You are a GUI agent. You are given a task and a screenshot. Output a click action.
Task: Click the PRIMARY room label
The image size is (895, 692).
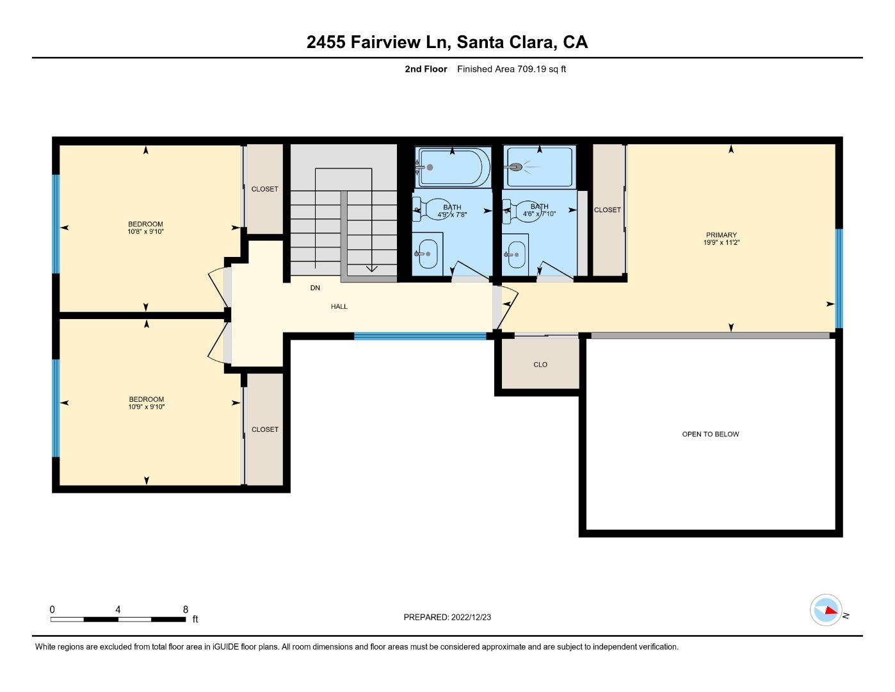722,235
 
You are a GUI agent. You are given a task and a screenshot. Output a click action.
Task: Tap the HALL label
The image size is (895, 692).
339,306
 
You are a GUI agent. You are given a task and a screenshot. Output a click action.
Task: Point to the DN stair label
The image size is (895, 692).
315,288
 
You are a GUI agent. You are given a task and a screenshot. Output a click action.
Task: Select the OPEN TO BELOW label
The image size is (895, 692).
711,434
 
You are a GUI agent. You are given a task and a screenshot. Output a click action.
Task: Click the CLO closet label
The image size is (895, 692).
540,365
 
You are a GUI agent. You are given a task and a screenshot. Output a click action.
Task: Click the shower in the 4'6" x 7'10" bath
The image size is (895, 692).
539,167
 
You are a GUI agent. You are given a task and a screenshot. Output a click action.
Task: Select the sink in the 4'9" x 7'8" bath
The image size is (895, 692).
428,254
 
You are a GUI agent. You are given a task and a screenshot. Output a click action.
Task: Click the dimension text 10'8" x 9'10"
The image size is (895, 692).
145,232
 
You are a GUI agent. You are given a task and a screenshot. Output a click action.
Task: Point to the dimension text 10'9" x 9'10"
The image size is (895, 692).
146,407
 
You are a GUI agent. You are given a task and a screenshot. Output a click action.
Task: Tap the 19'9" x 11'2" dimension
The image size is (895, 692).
722,242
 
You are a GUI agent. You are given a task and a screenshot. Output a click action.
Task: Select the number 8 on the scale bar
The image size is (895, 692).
186,609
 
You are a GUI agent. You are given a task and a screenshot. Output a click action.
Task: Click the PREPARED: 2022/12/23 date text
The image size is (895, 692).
447,617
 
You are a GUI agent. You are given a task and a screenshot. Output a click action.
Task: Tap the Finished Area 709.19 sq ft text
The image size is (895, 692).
512,69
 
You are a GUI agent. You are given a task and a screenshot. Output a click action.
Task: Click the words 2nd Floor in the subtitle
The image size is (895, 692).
426,69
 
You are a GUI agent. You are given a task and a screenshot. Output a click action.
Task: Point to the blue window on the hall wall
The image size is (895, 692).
420,336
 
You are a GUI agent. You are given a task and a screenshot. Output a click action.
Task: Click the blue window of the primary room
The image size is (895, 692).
839,279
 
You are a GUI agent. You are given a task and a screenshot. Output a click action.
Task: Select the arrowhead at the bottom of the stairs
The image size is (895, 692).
372,268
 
